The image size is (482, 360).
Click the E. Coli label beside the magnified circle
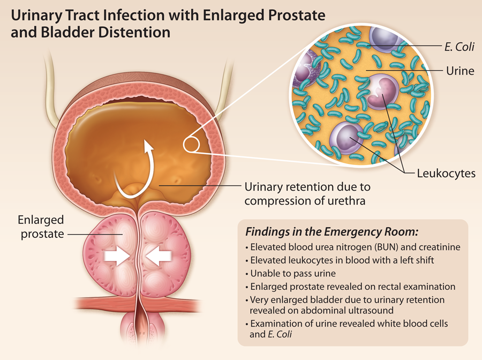(x=460, y=47)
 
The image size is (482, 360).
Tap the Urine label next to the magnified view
(x=460, y=71)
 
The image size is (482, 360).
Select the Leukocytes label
(x=446, y=174)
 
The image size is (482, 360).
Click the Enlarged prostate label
(x=41, y=227)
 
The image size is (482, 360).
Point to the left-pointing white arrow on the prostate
(x=159, y=256)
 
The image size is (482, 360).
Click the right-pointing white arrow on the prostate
(x=116, y=256)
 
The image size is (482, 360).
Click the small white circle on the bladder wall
(x=191, y=144)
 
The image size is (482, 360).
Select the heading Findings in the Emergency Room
(x=332, y=232)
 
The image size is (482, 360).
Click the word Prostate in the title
(x=297, y=15)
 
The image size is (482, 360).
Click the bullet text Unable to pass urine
(x=293, y=273)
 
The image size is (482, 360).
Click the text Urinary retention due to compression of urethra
(x=307, y=194)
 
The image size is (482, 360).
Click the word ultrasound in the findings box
(x=371, y=311)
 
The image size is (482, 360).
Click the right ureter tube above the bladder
(x=223, y=88)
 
